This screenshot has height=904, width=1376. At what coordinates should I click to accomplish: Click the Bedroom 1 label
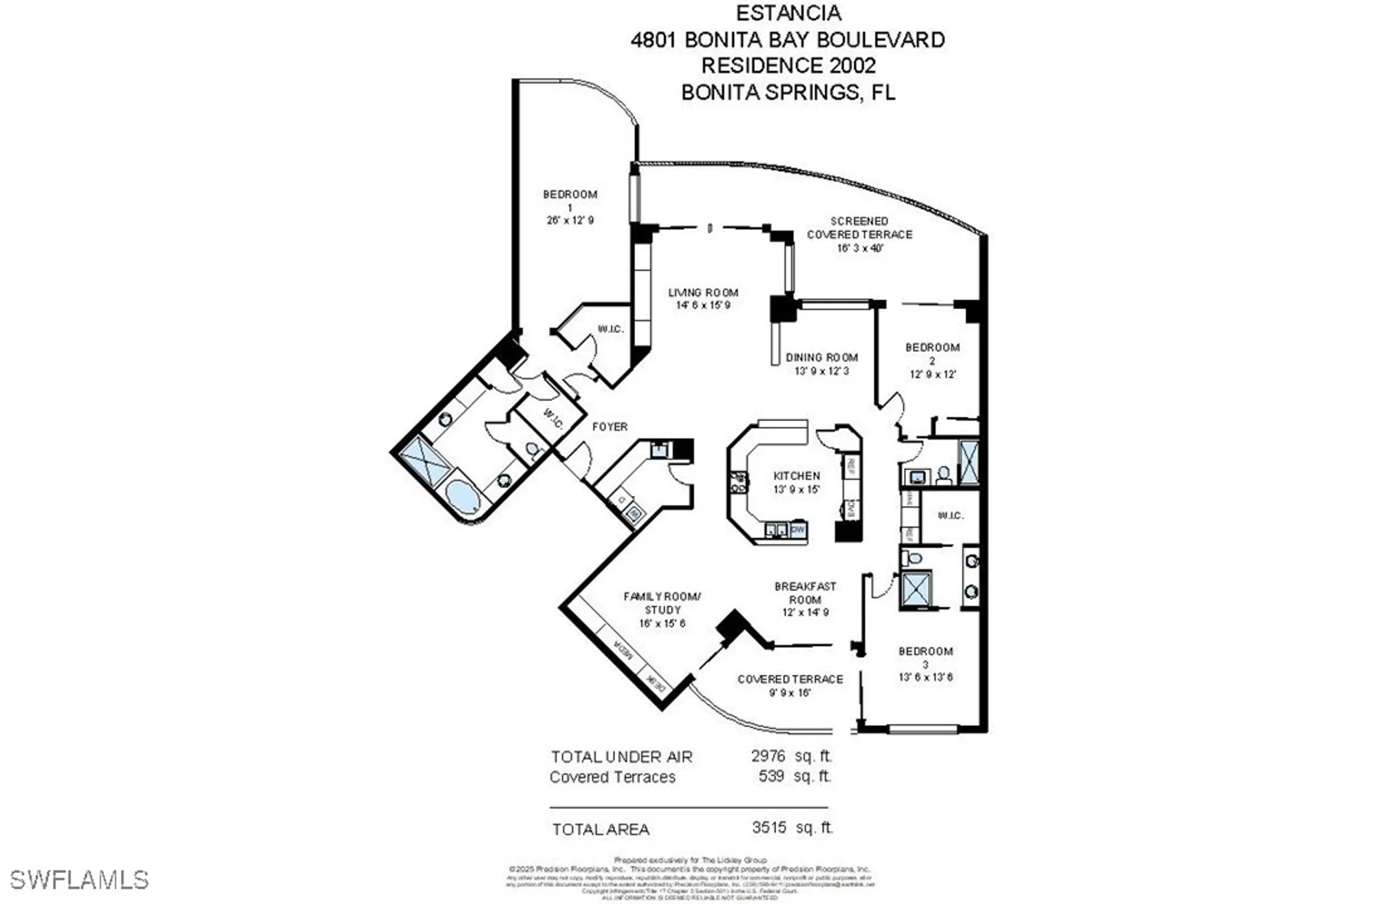[x=570, y=200]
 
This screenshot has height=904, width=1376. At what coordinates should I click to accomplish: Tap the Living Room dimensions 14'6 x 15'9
[x=702, y=305]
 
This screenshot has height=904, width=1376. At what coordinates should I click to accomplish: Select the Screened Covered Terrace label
[x=859, y=228]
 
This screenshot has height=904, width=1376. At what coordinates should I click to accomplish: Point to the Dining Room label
[x=822, y=358]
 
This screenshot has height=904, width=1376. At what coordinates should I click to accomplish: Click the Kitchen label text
[x=797, y=476]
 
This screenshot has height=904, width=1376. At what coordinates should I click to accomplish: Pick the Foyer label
[x=610, y=427]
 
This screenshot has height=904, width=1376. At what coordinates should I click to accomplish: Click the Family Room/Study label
[x=662, y=603]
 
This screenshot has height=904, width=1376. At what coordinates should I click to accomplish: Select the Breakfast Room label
[x=805, y=593]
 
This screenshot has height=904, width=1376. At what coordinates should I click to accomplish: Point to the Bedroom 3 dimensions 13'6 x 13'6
[x=925, y=677]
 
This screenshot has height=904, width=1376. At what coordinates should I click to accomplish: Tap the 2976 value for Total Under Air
[x=768, y=756]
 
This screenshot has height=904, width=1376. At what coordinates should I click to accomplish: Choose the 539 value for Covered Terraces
[x=771, y=776]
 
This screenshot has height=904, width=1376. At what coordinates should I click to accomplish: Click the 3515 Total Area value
[x=769, y=828]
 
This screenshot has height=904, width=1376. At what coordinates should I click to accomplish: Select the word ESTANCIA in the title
[x=788, y=13]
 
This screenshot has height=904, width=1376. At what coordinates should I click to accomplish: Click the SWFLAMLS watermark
[x=79, y=880]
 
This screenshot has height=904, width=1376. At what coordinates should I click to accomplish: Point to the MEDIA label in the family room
[x=623, y=649]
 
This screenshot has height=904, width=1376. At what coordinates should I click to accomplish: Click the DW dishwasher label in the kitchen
[x=798, y=530]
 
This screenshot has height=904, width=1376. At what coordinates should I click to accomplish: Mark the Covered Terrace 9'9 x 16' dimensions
[x=789, y=693]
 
